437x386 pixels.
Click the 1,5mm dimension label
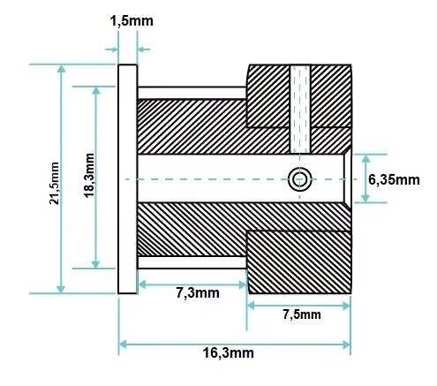(132, 21)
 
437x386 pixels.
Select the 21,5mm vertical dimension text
(54, 183)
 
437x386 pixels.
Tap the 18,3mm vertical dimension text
(89, 175)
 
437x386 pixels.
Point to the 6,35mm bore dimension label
(394, 179)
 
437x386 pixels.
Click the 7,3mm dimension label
(198, 293)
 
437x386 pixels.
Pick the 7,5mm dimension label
(302, 314)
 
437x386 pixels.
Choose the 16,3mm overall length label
(228, 352)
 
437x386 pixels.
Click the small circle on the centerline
(299, 179)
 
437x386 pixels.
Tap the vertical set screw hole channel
(300, 109)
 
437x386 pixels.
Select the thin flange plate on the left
(128, 179)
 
